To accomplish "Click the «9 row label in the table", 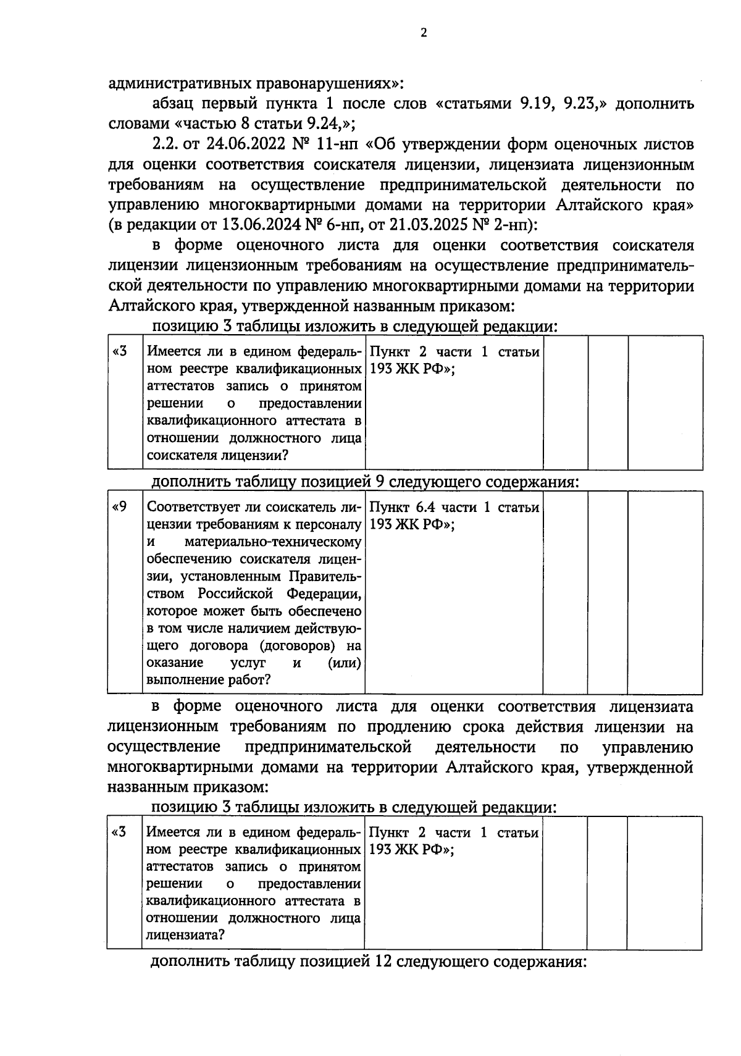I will coord(120,508).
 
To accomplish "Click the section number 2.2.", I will coord(164,145).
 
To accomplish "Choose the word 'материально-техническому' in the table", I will coord(272,542).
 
